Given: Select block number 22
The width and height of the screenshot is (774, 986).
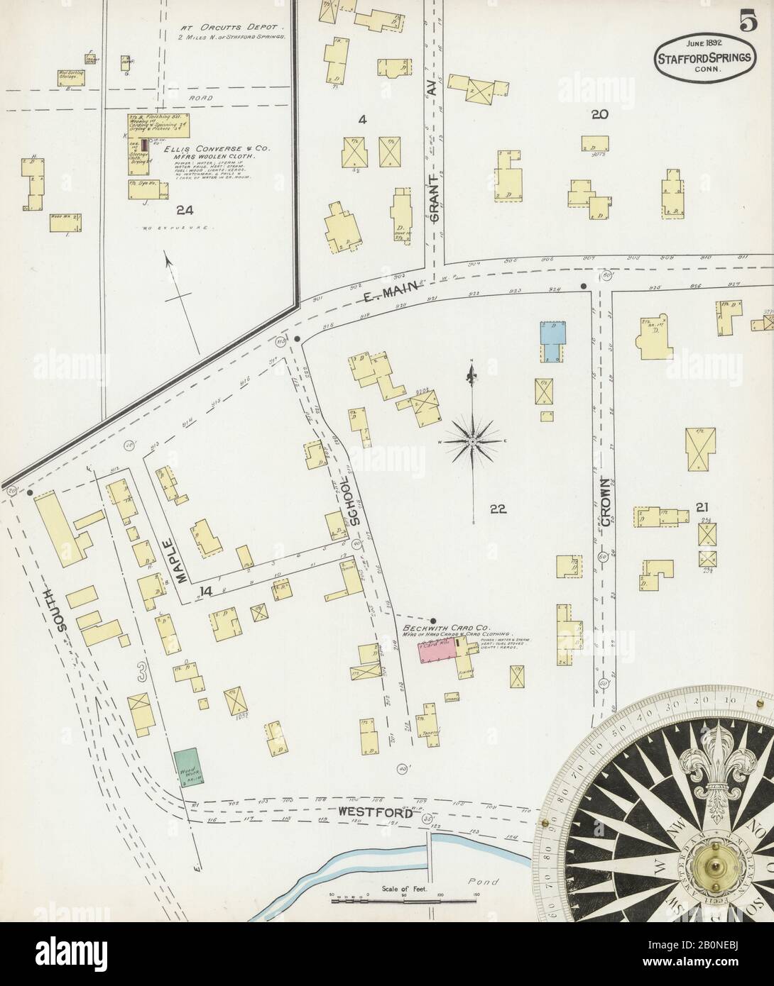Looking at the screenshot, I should pos(497,508).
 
